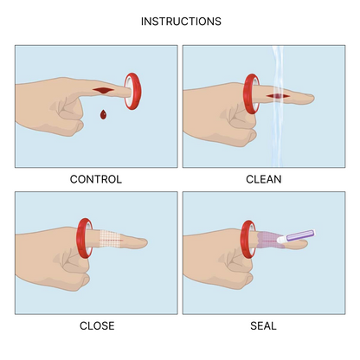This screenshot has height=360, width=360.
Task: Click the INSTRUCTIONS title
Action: [x=180, y=21]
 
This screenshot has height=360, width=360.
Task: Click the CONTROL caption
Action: [x=95, y=180]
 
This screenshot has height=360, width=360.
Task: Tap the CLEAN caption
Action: [x=264, y=180]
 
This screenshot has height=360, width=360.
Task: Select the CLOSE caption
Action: [x=95, y=325]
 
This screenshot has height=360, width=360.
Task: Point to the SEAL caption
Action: [x=264, y=325]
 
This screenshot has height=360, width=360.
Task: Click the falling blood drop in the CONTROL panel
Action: [x=104, y=113]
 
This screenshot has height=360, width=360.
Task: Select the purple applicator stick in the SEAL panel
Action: [x=299, y=236]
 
